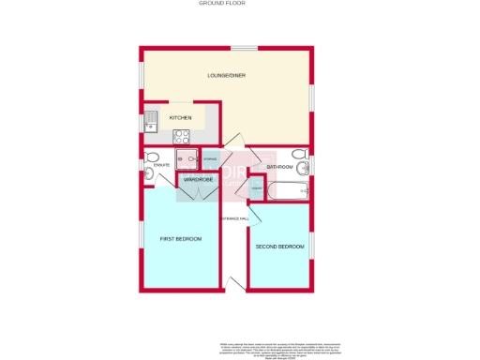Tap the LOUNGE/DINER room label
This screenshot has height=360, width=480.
pos(227,76)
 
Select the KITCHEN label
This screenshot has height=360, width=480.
pos(180,117)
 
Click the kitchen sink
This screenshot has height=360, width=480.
pos(151,118)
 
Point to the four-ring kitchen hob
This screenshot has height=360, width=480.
pos(181,137)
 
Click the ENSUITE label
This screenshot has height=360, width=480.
pos(161,166)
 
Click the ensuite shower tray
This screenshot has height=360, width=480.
pos(185,160)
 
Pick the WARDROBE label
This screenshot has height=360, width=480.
pos(198,179)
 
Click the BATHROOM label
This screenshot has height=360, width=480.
pos(279,167)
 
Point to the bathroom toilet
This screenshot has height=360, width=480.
pos(298,155)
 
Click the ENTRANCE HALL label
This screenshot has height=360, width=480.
pos(234,218)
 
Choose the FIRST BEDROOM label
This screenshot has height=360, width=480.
pos(182,240)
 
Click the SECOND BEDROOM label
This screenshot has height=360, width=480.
pos(279,247)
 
